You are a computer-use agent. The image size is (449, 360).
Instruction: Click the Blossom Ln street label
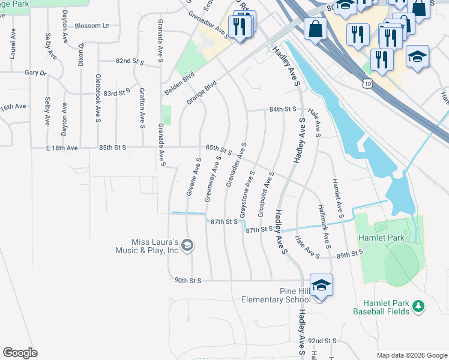(x=92, y=26)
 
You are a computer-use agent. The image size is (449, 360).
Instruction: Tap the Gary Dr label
(x=35, y=73)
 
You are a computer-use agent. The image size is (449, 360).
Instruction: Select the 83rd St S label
(x=116, y=93)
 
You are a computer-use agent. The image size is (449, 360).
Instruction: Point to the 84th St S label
(x=283, y=109)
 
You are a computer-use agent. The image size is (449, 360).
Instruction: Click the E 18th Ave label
(x=62, y=148)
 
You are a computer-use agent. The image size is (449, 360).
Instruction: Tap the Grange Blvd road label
(x=201, y=94)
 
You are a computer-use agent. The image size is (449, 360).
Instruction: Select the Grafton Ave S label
(x=142, y=109)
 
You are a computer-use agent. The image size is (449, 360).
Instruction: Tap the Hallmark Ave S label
(x=324, y=226)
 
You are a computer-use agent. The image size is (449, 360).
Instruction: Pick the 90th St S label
(x=188, y=280)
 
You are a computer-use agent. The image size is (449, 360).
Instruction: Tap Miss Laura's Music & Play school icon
(x=187, y=245)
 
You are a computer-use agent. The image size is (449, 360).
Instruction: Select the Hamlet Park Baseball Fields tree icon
(x=418, y=308)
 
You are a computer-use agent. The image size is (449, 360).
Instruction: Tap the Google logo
(x=20, y=353)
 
